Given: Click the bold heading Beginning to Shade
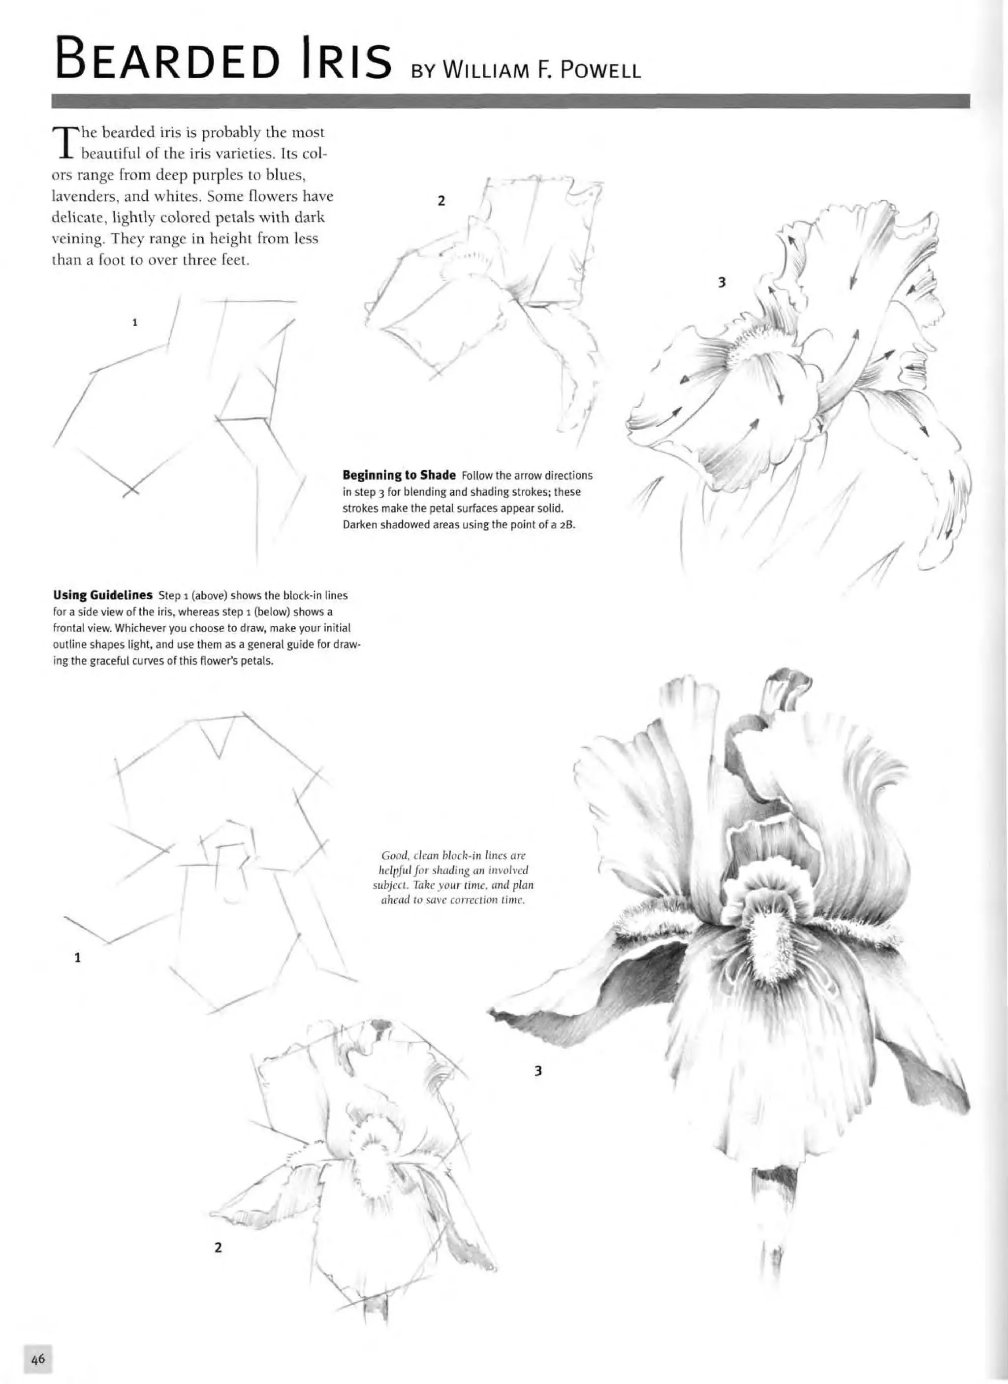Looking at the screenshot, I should coord(399,475).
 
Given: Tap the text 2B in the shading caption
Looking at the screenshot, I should coord(567,525).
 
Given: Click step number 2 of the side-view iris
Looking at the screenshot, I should coord(441,200).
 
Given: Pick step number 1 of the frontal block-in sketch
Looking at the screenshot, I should coord(77,958).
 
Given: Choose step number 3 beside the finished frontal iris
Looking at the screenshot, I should coord(537,1070).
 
